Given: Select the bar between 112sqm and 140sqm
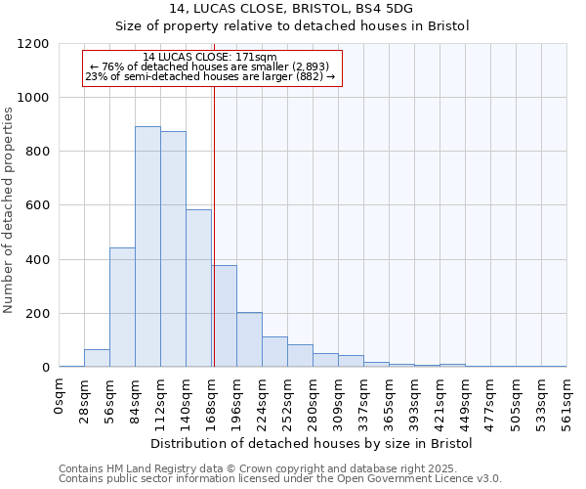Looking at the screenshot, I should point(173,249).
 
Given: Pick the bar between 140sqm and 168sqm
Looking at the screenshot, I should point(198,289).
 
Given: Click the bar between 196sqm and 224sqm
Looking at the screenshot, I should point(249,339).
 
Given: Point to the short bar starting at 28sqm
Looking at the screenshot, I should point(97,358).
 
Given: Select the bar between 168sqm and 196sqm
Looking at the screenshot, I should point(225,316).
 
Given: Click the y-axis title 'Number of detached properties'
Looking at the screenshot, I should point(9,206).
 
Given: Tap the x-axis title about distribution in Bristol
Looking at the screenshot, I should point(313,443).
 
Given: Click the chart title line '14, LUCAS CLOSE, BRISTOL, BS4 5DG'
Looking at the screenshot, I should point(292,8).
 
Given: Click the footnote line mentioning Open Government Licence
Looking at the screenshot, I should point(280,478).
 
